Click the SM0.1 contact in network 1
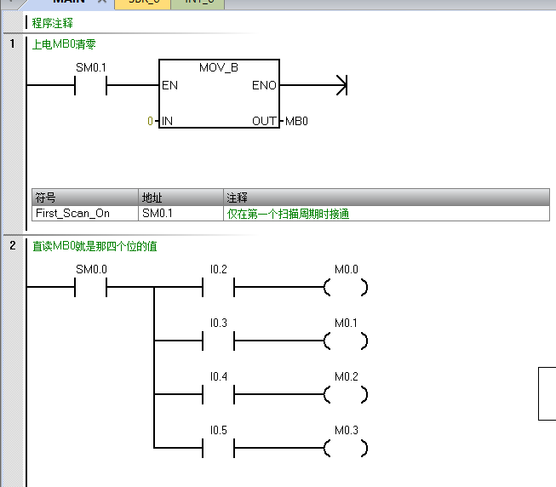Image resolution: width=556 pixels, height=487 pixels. [90, 85]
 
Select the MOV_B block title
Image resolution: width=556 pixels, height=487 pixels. [219, 67]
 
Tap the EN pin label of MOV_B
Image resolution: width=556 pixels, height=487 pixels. [169, 85]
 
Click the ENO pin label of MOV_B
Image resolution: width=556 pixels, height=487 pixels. [263, 85]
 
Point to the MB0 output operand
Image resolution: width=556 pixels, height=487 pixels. [296, 121]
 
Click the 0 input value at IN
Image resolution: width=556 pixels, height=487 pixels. [150, 121]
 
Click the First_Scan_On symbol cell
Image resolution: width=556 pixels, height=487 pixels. [72, 214]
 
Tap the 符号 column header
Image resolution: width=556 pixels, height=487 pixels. [45, 198]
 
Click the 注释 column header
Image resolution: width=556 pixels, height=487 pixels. [237, 198]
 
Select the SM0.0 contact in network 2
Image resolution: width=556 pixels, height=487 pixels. [90, 288]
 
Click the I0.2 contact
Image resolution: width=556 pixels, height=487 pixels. [218, 288]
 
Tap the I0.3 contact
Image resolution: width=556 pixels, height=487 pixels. [218, 341]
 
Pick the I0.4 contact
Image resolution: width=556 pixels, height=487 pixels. [218, 395]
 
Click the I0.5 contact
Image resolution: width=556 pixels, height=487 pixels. [218, 448]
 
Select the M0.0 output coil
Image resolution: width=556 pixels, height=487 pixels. [346, 288]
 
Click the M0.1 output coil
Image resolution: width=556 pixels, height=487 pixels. [346, 341]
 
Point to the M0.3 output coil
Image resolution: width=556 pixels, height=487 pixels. [346, 448]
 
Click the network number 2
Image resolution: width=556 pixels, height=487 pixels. [13, 246]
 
